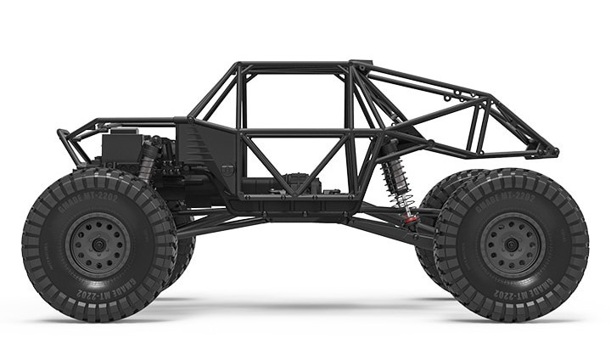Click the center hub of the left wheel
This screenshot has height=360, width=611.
coord(98,245)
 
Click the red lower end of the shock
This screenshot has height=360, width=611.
coord(410,219)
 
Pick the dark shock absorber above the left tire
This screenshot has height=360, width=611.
coord(149,160)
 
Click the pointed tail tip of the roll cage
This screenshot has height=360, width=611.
coord(553,153)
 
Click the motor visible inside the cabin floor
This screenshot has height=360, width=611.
coord(296,182)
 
